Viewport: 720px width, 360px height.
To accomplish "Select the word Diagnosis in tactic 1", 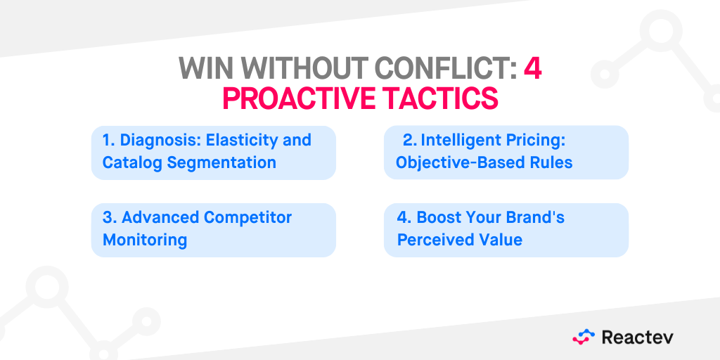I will [153, 140].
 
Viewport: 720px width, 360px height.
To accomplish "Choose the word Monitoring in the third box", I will [145, 240].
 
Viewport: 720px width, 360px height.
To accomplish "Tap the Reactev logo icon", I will [584, 337].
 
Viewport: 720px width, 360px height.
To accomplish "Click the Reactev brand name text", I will [637, 337].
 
